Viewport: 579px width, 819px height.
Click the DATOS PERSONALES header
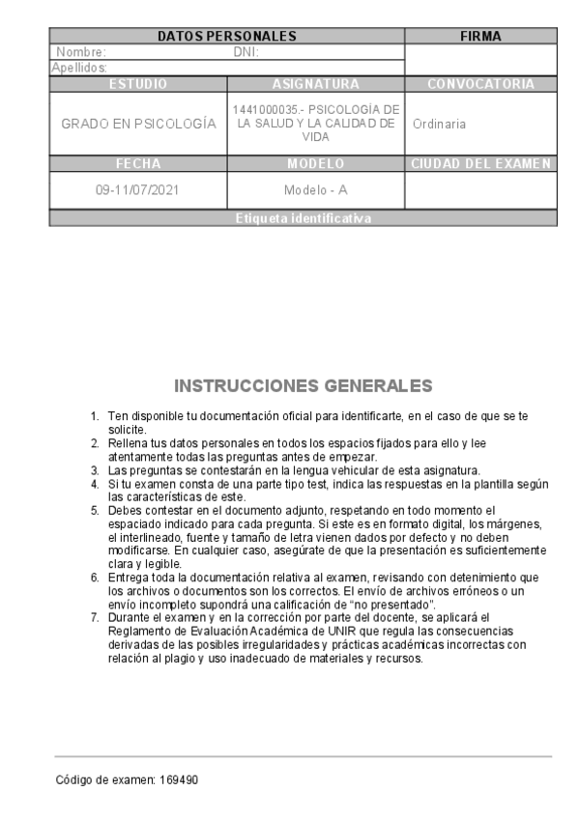(x=226, y=37)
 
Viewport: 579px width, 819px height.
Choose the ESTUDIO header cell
(x=138, y=84)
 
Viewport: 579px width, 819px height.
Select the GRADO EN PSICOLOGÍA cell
(x=138, y=125)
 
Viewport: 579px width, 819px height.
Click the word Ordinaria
(x=439, y=125)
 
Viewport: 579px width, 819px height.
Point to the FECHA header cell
(x=138, y=163)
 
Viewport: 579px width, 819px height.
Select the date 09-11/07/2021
(x=138, y=190)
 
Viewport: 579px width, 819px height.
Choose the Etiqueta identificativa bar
(x=303, y=219)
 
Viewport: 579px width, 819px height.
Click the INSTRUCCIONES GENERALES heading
(x=303, y=387)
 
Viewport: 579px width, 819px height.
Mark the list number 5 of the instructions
(x=95, y=509)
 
